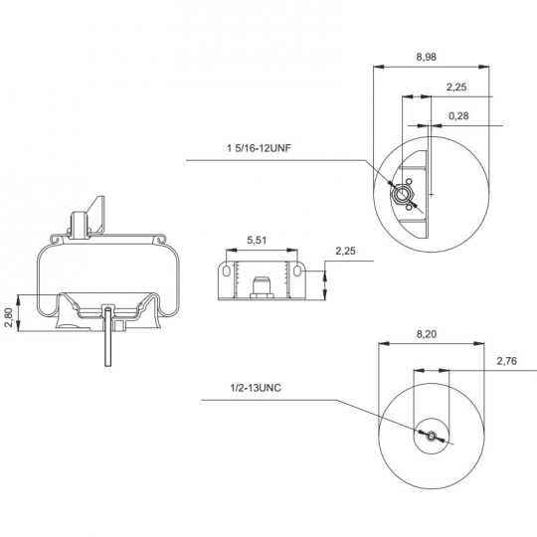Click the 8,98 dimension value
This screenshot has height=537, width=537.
[424, 57]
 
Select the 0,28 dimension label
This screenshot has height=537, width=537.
[459, 116]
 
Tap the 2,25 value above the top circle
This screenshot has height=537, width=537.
[457, 87]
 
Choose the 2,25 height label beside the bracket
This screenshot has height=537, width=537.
[347, 251]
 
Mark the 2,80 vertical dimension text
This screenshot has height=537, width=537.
[8, 316]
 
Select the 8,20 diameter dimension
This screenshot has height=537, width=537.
[426, 335]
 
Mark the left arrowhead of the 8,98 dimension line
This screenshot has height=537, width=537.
[377, 68]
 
